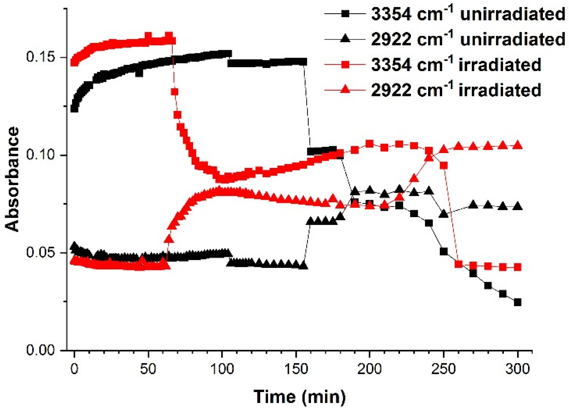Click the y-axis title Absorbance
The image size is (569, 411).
point(12,179)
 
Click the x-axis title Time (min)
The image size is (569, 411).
point(300,397)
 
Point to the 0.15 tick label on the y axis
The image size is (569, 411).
point(40,57)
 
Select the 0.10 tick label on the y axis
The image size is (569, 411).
point(40,155)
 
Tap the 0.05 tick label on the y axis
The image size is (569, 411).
point(40,253)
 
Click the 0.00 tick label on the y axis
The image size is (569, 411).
point(40,350)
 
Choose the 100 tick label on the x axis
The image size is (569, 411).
point(222,369)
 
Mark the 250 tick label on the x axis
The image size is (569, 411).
point(444,369)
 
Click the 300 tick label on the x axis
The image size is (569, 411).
point(517,369)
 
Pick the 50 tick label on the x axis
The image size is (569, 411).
point(148,369)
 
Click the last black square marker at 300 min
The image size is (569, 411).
point(518,302)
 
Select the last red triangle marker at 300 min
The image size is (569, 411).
point(518,145)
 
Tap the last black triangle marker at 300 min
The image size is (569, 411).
point(518,206)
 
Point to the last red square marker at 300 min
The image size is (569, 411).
point(518,267)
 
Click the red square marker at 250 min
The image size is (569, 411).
point(444,165)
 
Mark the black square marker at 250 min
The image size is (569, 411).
point(444,252)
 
